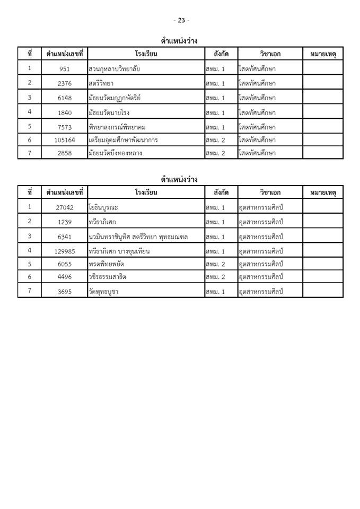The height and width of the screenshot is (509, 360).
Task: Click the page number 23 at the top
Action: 181,20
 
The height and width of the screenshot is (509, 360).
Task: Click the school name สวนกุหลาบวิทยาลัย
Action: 115,69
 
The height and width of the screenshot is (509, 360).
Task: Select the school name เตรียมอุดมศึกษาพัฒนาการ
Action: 123,140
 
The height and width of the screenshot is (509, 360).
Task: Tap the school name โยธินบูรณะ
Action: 105,207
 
